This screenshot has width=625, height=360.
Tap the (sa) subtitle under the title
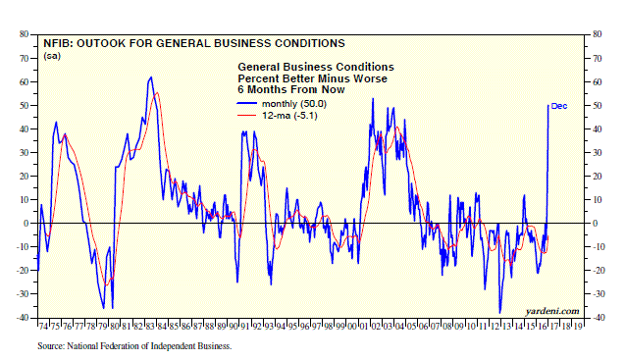tap(52, 56)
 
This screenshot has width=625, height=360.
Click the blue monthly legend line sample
tap(246, 104)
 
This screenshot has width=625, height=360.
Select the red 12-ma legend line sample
tap(246, 116)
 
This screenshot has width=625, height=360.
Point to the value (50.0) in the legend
tap(313, 104)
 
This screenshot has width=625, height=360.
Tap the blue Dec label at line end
tap(559, 106)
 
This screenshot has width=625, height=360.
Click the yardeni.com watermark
tap(552, 311)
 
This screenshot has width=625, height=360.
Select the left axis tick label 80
tap(24, 34)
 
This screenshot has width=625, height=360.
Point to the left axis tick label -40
tap(23, 318)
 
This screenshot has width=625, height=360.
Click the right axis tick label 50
tap(597, 106)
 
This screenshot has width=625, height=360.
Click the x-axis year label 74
tap(43, 326)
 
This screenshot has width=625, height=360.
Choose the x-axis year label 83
tap(150, 326)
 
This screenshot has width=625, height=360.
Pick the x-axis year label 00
tap(352, 326)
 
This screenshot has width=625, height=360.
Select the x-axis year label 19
tap(577, 326)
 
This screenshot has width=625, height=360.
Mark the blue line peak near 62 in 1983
tap(151, 77)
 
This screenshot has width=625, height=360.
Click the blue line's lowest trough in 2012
tap(499, 313)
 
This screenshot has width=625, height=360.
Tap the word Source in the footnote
tap(51, 346)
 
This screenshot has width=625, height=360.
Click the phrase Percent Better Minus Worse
tap(312, 78)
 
